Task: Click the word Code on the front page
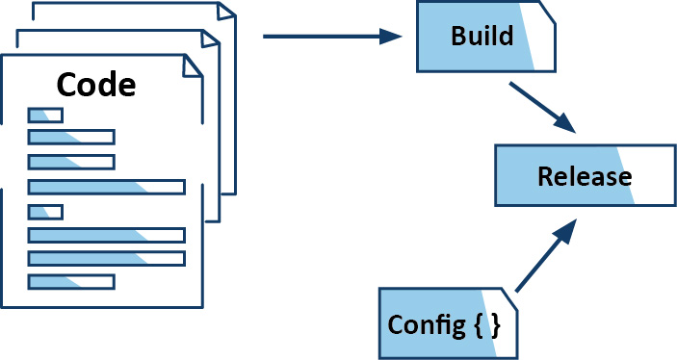coord(96,84)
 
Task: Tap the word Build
coord(476,37)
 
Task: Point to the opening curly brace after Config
coord(479,324)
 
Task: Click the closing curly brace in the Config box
coord(495,324)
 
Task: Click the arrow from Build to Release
coord(542,107)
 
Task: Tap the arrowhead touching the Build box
coord(391,37)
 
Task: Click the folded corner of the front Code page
coord(194,64)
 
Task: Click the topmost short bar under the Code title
coord(45,116)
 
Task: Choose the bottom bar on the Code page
coord(71,281)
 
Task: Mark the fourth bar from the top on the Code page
coord(106,187)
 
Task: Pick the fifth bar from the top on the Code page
coord(45,212)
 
